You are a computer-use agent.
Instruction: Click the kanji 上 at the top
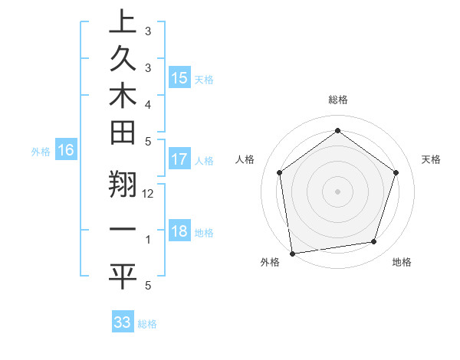coord(122,21)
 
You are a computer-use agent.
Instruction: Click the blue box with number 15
coord(179,77)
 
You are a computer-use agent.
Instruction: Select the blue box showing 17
coord(179,159)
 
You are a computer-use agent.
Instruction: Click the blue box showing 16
coord(66,150)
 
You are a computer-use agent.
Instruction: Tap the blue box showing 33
coord(123,322)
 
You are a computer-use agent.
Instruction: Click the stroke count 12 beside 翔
coord(148,194)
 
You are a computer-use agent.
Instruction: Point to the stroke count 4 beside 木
coord(148,103)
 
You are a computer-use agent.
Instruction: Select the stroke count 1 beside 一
coord(148,240)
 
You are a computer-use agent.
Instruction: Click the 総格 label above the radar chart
coord(337,100)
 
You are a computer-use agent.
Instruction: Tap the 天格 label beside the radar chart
coord(432,159)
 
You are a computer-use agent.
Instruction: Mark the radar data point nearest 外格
coord(292,253)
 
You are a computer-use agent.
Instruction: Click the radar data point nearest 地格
coord(374,242)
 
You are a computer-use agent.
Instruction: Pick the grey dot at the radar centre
coord(337,191)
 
